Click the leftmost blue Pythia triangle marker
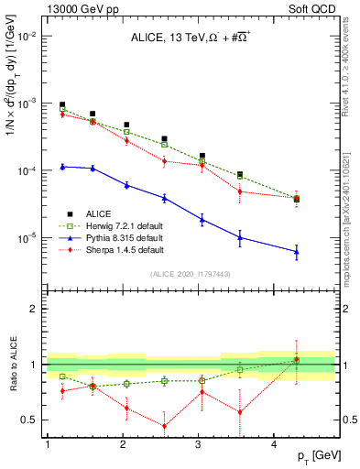pyautogui.click(x=62, y=167)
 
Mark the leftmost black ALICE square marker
pyautogui.click(x=62, y=105)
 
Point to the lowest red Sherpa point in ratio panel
pyautogui.click(x=164, y=426)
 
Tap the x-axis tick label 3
pyautogui.click(x=200, y=445)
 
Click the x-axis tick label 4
pyautogui.click(x=276, y=445)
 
